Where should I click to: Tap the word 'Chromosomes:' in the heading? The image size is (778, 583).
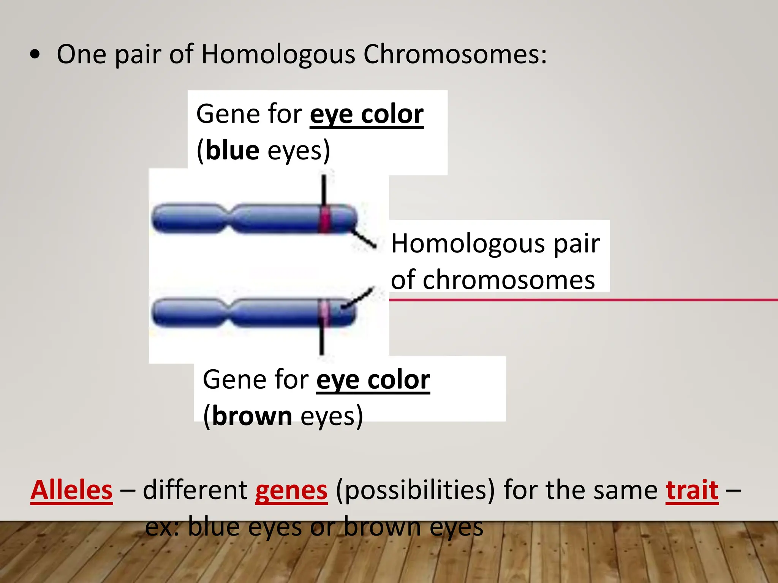[x=455, y=54]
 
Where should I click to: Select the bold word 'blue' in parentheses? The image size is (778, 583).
[x=232, y=151]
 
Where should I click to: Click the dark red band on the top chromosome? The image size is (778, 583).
[x=324, y=219]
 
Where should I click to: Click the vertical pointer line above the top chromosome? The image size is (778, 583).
[x=324, y=190]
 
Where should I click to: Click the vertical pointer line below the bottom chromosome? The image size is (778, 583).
[x=322, y=340]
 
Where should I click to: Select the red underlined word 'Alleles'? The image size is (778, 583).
[x=72, y=490]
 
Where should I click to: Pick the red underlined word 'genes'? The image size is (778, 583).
[x=291, y=490]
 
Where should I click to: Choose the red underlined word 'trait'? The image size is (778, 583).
[x=692, y=490]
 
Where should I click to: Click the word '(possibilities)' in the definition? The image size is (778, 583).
[x=415, y=490]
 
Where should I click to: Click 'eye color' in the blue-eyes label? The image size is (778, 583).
[x=367, y=114]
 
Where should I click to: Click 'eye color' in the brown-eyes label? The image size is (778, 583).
[x=373, y=380]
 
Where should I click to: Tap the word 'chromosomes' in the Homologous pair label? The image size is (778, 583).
[x=493, y=280]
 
